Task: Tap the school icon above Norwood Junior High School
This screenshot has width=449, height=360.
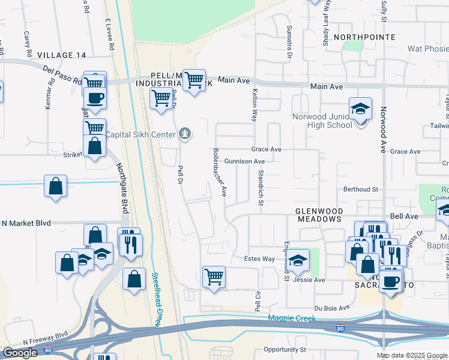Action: (x=360, y=109)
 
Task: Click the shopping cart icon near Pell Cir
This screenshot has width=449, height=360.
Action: (x=214, y=277)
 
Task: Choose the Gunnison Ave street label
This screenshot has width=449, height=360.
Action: (x=244, y=161)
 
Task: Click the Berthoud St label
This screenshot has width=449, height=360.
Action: (x=360, y=189)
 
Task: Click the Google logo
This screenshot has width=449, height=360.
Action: (x=20, y=353)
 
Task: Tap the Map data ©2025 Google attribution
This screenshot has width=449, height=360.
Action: (x=412, y=355)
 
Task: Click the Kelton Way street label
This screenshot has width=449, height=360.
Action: (x=255, y=105)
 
